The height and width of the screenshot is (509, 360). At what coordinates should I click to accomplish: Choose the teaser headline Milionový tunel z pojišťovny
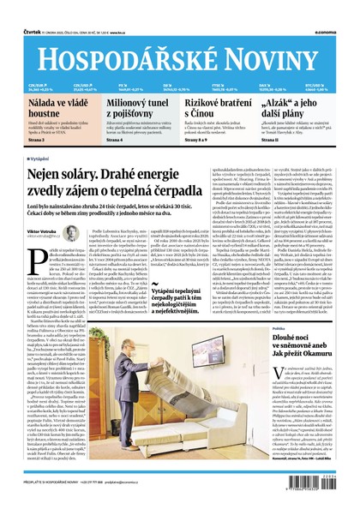click(137, 106)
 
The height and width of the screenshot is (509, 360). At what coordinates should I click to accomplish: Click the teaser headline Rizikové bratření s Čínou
click(213, 106)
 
